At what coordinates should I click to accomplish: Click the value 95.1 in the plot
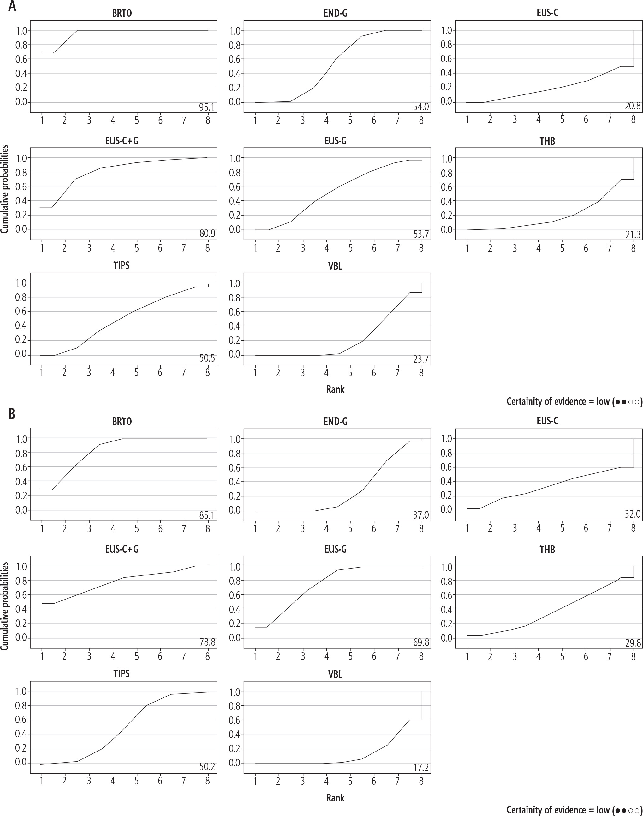click(x=207, y=107)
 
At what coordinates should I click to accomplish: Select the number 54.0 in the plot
click(x=420, y=107)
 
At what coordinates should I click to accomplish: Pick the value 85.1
click(x=207, y=515)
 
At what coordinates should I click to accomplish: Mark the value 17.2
click(x=420, y=768)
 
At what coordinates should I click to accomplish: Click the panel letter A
click(x=12, y=6)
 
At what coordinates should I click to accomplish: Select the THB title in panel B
click(x=547, y=550)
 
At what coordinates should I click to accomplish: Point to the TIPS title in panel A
click(x=121, y=266)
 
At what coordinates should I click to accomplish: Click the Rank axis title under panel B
click(x=335, y=798)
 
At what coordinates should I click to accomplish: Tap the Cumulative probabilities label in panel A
click(x=4, y=190)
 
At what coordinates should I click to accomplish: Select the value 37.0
click(x=420, y=515)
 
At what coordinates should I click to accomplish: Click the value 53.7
click(x=420, y=234)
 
